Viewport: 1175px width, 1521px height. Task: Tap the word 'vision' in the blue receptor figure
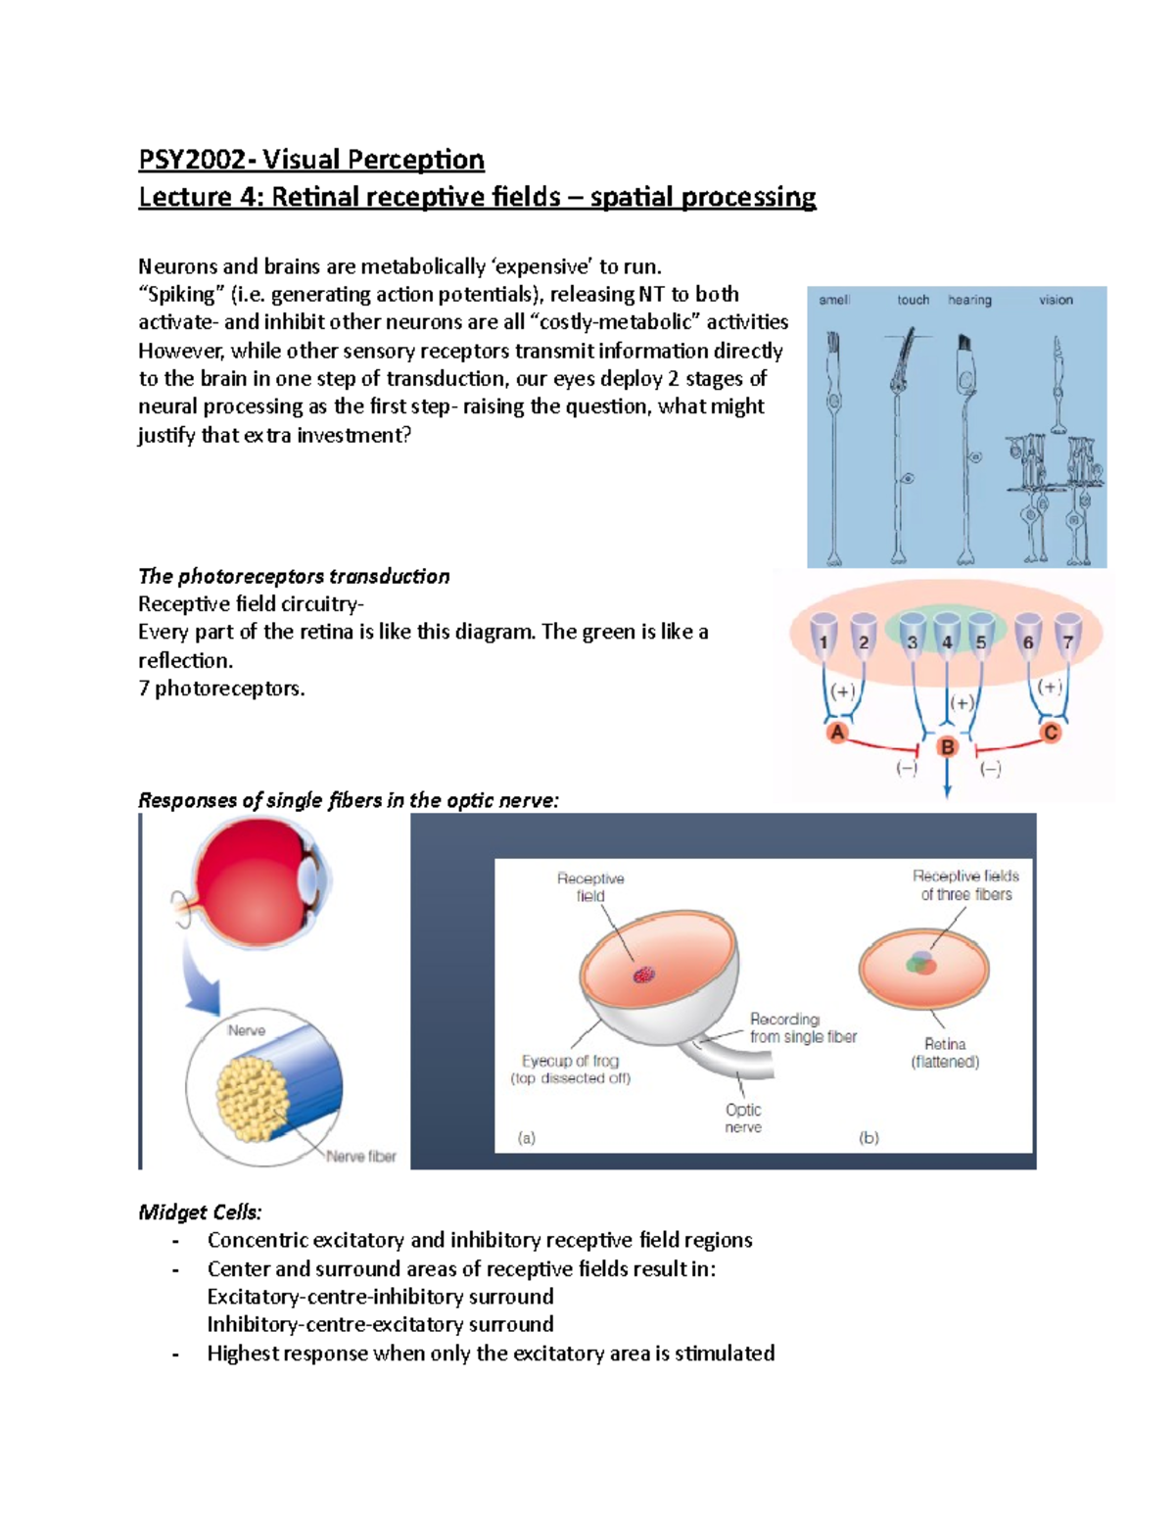click(x=1056, y=300)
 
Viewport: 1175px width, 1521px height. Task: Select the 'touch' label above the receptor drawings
click(x=913, y=300)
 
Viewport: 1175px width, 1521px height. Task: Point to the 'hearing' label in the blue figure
click(x=969, y=300)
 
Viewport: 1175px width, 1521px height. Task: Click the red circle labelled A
click(x=837, y=733)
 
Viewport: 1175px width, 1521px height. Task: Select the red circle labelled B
click(x=947, y=747)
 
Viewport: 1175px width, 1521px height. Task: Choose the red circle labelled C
click(x=1051, y=733)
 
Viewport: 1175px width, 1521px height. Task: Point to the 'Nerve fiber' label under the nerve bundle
click(x=361, y=1157)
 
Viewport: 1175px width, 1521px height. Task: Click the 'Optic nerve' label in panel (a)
click(x=743, y=1118)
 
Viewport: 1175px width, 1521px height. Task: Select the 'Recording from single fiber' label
click(x=803, y=1028)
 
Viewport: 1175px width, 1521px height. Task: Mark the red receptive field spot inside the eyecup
click(x=643, y=974)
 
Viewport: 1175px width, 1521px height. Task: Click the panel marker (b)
click(x=869, y=1138)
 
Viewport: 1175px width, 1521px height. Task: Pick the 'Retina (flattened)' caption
click(x=945, y=1053)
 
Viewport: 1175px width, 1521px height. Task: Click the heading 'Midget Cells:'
click(x=200, y=1212)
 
